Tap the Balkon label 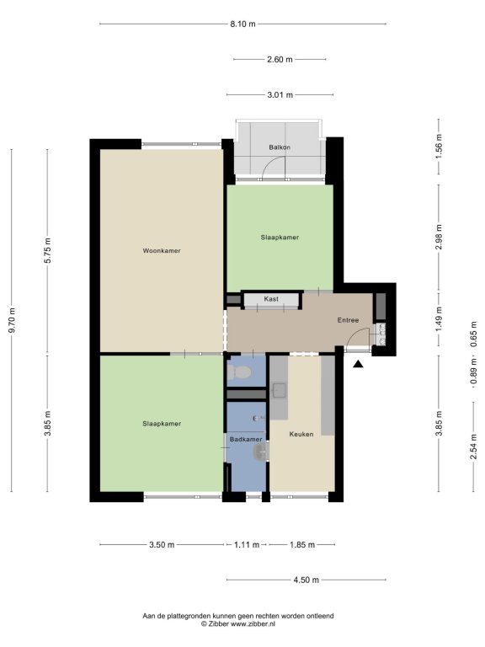coord(280,147)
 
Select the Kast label coord(271,299)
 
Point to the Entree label coord(348,320)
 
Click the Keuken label coord(301,434)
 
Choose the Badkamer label coord(246,440)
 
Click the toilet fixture coord(239,373)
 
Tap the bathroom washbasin coord(261,452)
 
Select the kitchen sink coord(280,390)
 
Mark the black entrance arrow coord(359,364)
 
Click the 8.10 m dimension coord(242,24)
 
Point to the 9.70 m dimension coord(12,320)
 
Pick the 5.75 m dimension coord(47,251)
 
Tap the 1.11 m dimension coord(247,545)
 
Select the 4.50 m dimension coord(306,580)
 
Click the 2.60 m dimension coord(280,60)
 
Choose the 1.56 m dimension coord(439,146)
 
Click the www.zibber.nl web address coord(253,624)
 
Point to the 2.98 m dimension coord(439,237)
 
